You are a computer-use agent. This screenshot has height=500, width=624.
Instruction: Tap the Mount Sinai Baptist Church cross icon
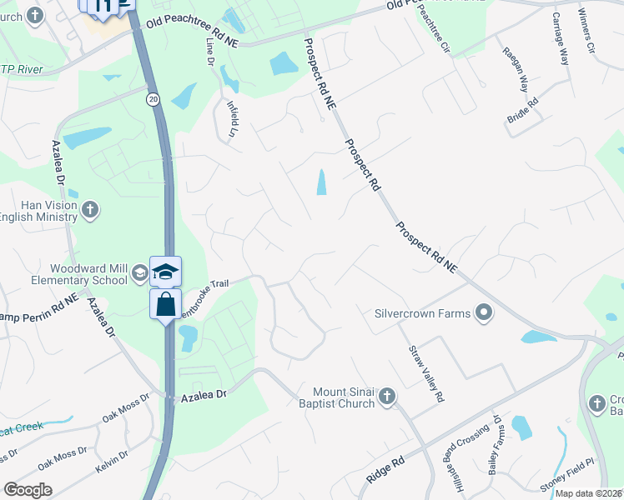tap(386, 397)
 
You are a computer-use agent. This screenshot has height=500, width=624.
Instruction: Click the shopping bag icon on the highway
tap(165, 303)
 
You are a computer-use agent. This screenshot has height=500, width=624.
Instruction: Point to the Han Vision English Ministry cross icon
tap(91, 209)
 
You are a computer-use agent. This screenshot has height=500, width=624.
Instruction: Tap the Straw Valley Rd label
tap(425, 374)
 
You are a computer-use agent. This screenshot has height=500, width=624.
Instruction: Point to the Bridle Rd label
tap(522, 112)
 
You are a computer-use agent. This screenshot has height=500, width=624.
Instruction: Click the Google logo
tap(28, 490)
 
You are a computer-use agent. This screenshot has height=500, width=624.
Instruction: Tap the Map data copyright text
tap(588, 493)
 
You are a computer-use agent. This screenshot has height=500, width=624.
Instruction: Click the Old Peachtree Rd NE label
tap(191, 32)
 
